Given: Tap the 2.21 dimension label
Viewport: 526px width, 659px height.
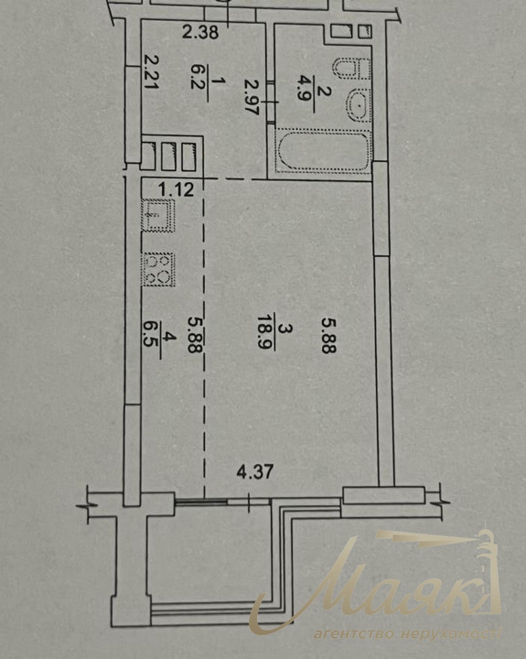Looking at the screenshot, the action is tap(151, 72).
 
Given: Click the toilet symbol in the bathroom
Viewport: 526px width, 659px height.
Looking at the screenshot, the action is tap(352, 69).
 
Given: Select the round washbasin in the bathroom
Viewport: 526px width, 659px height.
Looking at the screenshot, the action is tap(359, 106).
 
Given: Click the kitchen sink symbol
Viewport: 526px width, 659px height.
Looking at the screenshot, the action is tap(158, 215).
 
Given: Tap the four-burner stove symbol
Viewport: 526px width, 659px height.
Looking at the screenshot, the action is tap(158, 269).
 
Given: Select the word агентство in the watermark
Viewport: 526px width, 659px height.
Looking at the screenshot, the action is tap(354, 635).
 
